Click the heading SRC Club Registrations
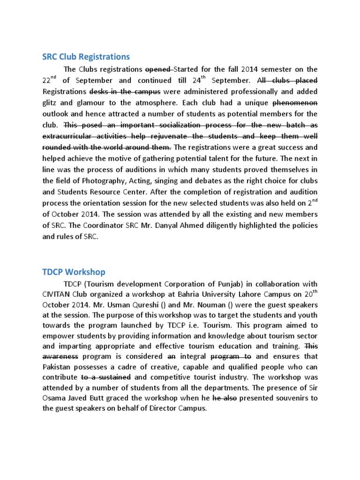coord(86,57)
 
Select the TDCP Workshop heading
coord(74,272)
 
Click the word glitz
coord(52,102)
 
